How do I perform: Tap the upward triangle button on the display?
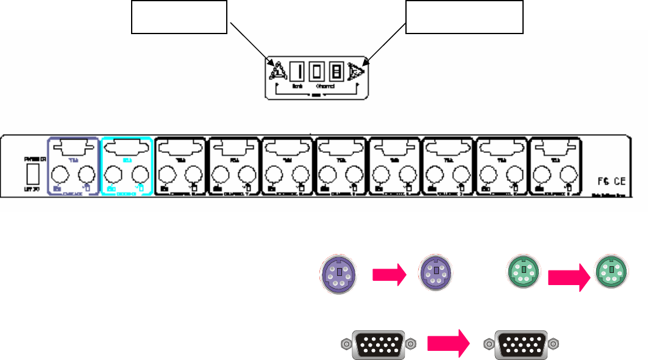click(x=277, y=74)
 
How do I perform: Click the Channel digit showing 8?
click(x=336, y=74)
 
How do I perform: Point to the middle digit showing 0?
click(x=316, y=74)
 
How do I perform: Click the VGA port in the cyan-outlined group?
click(x=126, y=149)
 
